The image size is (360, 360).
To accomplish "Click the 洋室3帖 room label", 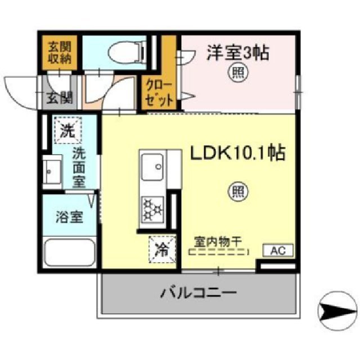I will coord(237,53).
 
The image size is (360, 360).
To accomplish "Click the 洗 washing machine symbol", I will coord(67,132).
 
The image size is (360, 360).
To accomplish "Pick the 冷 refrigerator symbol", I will coord(161,249).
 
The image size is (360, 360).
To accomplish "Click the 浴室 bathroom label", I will coord(69,216).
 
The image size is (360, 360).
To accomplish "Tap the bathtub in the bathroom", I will coord(69,253).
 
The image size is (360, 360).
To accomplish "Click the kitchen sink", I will coord(153,167).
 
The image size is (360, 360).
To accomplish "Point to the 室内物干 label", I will coord(218,241).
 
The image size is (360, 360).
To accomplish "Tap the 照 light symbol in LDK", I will coord(236,192).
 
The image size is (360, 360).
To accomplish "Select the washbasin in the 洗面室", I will coord(52,170).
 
